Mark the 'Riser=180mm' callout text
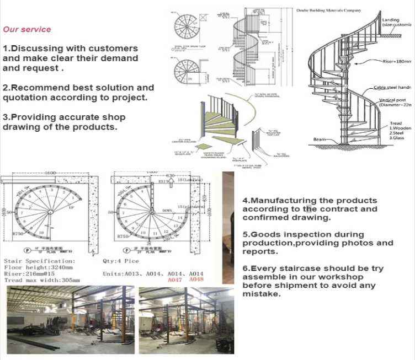[x=396, y=62]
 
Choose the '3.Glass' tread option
[x=398, y=138]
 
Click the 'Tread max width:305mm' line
[x=42, y=280]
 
